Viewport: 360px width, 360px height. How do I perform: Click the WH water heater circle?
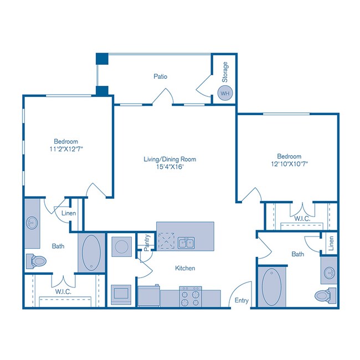(x=224, y=94)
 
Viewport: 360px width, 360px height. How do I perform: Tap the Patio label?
(x=161, y=76)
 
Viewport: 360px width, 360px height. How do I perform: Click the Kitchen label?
(x=185, y=268)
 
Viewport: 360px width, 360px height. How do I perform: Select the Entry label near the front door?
(x=241, y=301)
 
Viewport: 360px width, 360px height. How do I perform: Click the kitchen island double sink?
(x=186, y=243)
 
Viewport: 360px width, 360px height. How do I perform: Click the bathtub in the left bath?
(x=90, y=253)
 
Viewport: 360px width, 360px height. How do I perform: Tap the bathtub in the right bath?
(x=271, y=286)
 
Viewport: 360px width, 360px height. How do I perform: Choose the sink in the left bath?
(x=31, y=224)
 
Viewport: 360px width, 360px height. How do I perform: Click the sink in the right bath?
(x=329, y=272)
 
